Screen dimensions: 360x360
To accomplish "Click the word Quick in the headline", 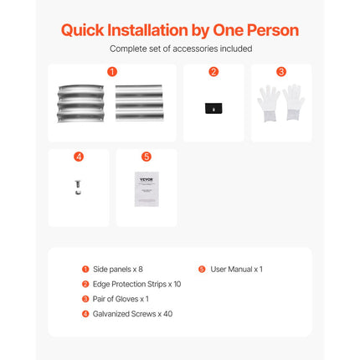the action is (82, 31).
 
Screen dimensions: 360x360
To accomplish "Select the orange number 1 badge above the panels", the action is (112, 72).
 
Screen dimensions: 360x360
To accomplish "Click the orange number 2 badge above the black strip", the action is (213, 72).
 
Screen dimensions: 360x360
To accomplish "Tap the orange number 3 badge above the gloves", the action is (281, 72).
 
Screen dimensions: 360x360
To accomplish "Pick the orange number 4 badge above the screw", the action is (79, 157).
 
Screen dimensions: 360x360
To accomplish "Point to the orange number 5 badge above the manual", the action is (147, 157).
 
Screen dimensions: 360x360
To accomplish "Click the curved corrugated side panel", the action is (80, 104).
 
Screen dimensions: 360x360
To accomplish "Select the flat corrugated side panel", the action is (139, 103).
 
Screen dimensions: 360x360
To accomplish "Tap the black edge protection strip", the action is (213, 108).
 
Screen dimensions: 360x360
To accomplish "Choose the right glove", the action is (294, 102).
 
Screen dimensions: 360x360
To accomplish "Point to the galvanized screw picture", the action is (78, 188).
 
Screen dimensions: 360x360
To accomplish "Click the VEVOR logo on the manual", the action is (147, 179).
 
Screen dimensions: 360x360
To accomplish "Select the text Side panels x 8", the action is (118, 270).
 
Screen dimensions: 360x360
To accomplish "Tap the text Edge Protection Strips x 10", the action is (136, 284).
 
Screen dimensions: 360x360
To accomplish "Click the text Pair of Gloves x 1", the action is (121, 299).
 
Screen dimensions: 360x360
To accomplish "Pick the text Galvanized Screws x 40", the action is (132, 314).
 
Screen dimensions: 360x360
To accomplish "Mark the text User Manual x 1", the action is (236, 270).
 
